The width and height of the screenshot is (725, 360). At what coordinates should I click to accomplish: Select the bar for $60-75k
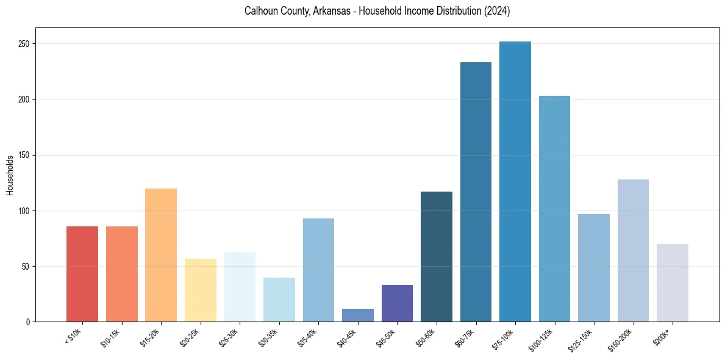[476, 192]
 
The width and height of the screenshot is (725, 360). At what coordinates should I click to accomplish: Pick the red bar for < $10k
[82, 274]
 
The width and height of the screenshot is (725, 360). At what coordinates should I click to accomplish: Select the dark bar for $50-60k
[437, 256]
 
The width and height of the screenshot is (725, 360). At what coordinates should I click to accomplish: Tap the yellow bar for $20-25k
[200, 290]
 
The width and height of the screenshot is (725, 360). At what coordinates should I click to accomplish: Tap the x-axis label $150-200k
[623, 339]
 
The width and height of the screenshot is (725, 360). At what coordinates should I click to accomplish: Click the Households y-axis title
[10, 175]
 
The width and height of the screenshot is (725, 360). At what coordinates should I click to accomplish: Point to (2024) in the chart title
[498, 11]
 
